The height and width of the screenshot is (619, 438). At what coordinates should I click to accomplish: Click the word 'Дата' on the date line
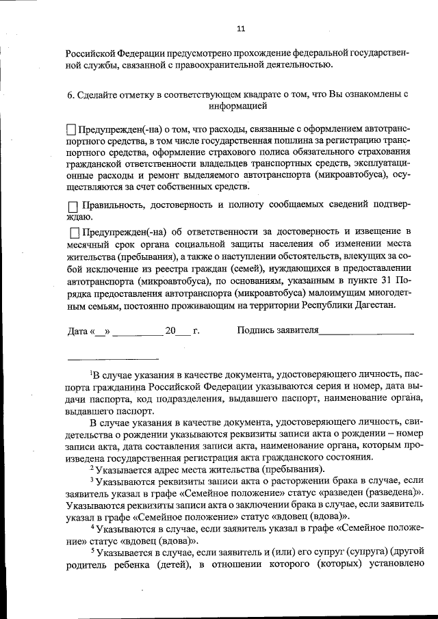(x=77, y=332)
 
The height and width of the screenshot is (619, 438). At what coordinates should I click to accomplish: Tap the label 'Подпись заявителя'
(x=278, y=331)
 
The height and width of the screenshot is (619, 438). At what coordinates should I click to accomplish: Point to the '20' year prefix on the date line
(x=170, y=332)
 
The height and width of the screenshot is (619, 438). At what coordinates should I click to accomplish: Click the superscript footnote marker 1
(x=92, y=372)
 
